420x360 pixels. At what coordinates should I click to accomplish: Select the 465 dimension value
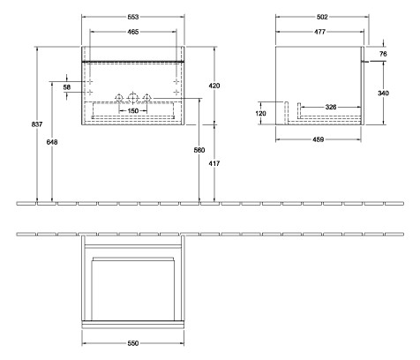click(132, 32)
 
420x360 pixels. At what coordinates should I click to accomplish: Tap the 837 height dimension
click(35, 124)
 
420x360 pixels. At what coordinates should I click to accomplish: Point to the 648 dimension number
click(54, 141)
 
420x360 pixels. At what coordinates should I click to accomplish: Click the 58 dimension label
click(66, 86)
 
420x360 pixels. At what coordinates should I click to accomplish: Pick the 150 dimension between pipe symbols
click(132, 111)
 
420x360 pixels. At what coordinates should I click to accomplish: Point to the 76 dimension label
click(383, 54)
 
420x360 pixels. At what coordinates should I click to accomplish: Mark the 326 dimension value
click(330, 107)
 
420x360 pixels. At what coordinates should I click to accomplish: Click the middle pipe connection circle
click(132, 96)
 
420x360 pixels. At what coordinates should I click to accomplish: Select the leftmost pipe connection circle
click(117, 96)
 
